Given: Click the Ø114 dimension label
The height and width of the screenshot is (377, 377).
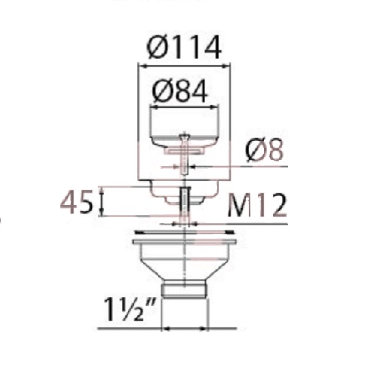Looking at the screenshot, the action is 184,48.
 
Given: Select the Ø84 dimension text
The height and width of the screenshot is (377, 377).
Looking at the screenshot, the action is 180,91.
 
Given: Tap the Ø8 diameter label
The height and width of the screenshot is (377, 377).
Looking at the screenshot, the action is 265,150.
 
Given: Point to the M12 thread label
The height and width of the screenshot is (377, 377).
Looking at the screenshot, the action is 257,206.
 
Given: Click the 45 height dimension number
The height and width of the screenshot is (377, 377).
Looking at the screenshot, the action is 76,202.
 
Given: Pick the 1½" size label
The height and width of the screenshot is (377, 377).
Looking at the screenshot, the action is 130,309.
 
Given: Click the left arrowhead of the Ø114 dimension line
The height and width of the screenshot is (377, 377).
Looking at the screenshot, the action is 143,66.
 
